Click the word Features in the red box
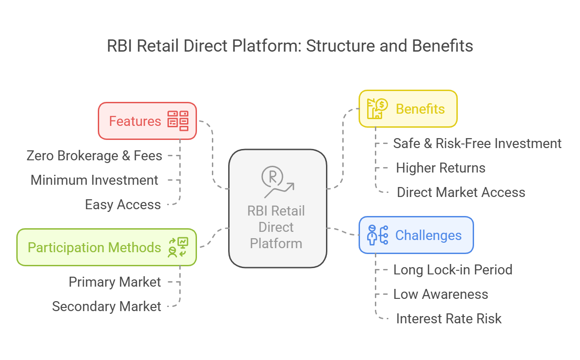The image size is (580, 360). coord(135,121)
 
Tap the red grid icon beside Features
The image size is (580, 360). coord(178,121)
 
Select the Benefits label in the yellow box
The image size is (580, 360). coord(420,109)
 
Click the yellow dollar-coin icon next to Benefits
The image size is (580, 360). coord(377,109)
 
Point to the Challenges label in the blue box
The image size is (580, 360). coord(428,235)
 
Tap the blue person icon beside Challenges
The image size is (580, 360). coord(378,235)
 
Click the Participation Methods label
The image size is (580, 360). coord(94,248)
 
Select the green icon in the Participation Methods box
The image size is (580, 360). coord(178,247)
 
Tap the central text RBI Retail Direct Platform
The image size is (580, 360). coord(276,227)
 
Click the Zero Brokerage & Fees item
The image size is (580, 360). coord(94,156)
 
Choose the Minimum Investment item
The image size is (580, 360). coord(94,180)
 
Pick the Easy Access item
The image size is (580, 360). coord(123,205)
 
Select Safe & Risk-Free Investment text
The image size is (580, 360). coord(477,144)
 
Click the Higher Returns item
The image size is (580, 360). coord(441,168)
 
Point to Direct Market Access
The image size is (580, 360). coord(461,192)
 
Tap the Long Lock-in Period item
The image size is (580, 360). coord(453,269)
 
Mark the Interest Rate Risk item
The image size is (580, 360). coord(449,318)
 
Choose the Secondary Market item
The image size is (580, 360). coord(107,307)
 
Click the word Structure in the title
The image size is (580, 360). coord(341,46)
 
